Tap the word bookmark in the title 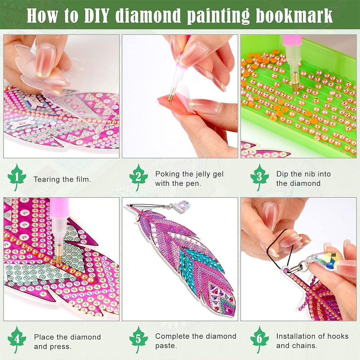(294, 15)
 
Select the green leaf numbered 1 (17, 177)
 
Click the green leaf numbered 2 (138, 177)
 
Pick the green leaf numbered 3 (260, 177)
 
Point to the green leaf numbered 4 (17, 339)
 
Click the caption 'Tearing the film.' (62, 179)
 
